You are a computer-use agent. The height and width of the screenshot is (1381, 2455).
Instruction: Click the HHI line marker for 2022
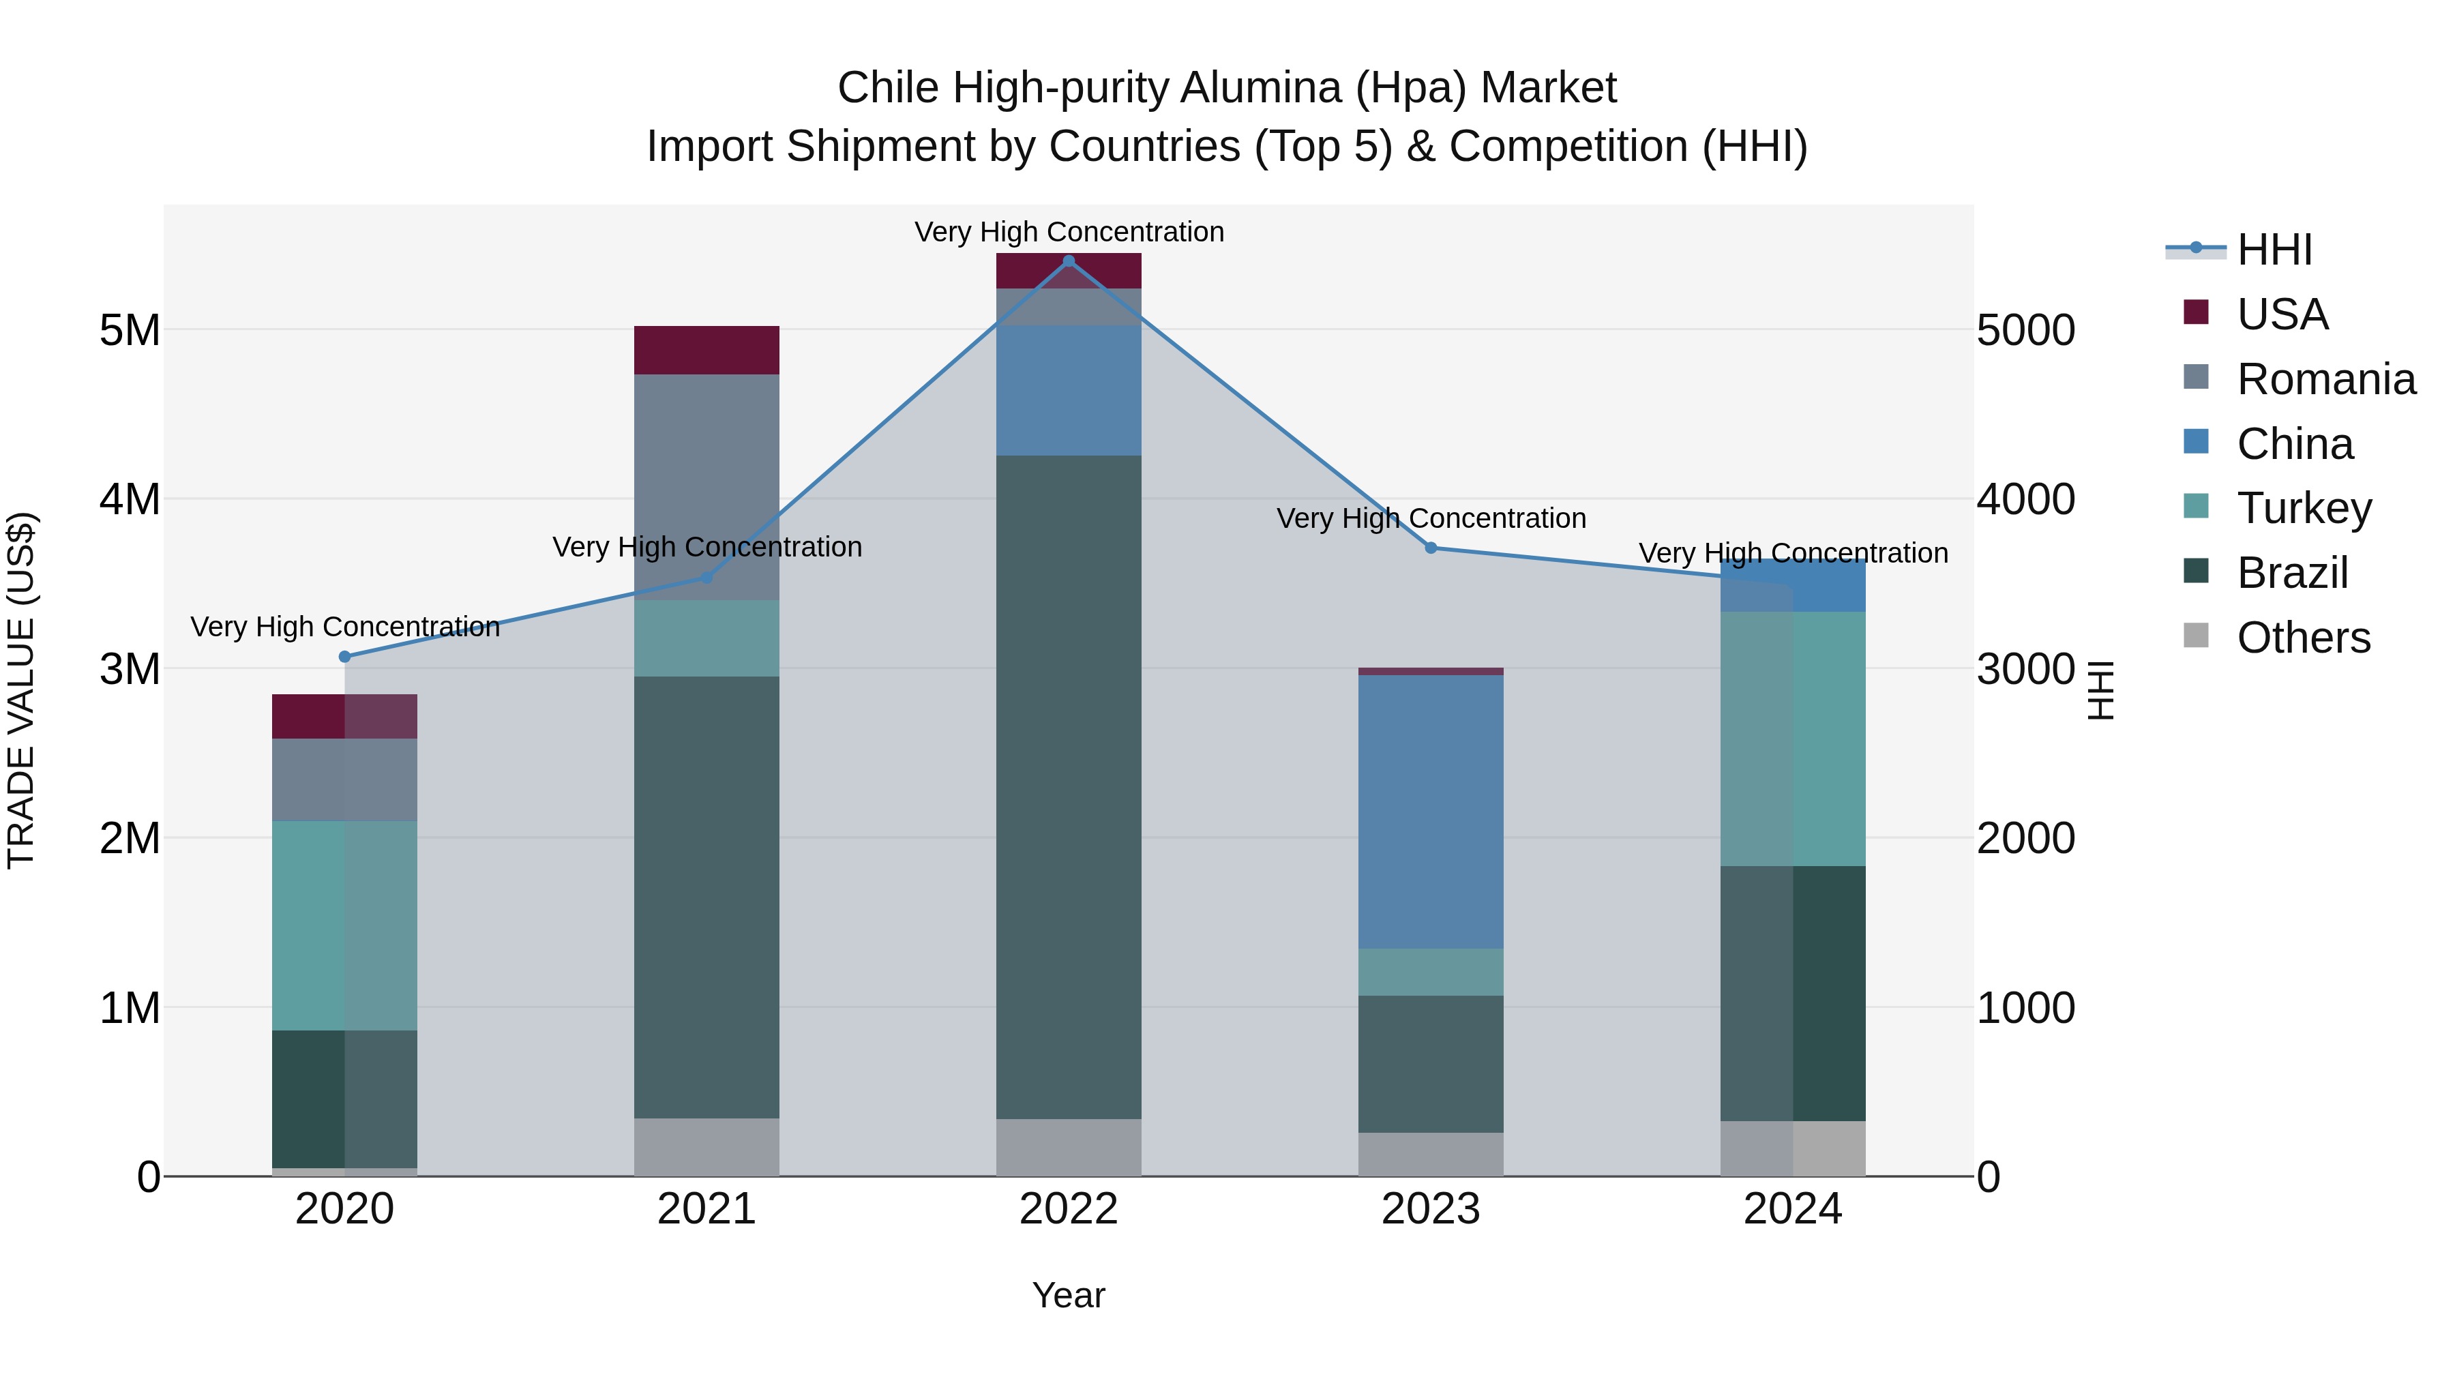(1069, 261)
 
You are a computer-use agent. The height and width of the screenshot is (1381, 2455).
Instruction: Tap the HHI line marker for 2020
(345, 657)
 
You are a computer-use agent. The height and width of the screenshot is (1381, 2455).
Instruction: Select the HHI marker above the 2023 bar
(1431, 548)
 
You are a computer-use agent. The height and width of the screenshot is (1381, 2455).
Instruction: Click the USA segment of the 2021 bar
(706, 350)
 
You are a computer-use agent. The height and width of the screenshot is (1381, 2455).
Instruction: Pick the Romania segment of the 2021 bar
(706, 486)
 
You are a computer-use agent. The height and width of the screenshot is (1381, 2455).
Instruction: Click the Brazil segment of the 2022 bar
(1069, 786)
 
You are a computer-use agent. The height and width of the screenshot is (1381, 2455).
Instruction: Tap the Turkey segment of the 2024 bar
(1793, 739)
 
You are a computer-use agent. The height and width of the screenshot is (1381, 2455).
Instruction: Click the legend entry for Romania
(2325, 379)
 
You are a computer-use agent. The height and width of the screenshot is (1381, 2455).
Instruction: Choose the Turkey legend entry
(2304, 508)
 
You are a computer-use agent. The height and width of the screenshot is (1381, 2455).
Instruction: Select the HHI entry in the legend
(2274, 250)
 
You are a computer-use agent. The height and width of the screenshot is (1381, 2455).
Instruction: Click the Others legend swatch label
(2302, 638)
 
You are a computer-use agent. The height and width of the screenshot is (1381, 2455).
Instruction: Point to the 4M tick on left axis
(130, 499)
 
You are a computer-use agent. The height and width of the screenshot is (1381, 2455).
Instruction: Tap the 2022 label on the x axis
(1069, 1209)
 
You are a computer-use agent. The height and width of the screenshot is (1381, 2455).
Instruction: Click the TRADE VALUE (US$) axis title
(21, 690)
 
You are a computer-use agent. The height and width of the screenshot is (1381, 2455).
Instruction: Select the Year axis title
(1069, 1295)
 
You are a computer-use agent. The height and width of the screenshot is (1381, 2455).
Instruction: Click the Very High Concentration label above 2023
(1431, 518)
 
